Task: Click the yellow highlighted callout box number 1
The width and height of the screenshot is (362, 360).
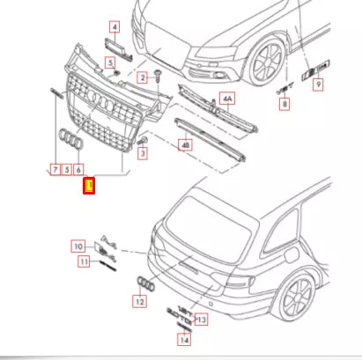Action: [88, 186]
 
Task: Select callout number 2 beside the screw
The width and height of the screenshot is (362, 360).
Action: [141, 78]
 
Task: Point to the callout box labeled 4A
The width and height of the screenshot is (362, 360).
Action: [228, 99]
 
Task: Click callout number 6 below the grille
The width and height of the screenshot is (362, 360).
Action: [79, 168]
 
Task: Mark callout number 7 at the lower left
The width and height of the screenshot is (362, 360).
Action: [55, 168]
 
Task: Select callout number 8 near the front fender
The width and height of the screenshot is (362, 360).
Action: [284, 105]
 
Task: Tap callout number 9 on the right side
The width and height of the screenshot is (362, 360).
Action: [319, 84]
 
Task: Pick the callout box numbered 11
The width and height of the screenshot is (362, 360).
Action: [85, 261]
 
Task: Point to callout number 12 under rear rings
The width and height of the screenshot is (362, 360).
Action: [139, 302]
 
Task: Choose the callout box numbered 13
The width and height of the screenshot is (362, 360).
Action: [202, 319]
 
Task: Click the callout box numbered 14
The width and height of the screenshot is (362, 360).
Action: [184, 339]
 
